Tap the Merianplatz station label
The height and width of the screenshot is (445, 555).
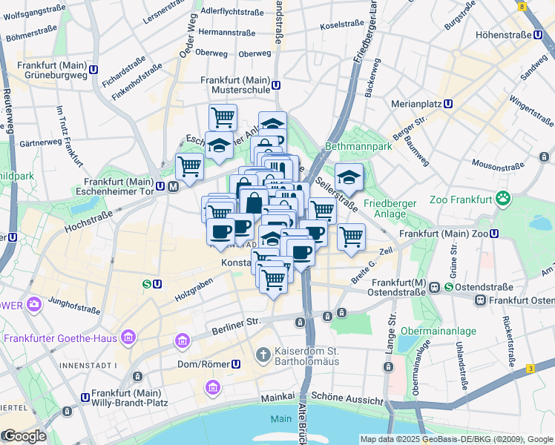416,104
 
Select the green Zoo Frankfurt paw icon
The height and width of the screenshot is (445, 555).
504,199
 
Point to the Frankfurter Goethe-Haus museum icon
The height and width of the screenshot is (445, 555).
129,338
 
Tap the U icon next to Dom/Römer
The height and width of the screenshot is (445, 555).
236,364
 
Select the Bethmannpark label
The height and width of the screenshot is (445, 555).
357,148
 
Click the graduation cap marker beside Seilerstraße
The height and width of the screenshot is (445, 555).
348,177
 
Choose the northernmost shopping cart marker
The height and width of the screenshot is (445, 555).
222,116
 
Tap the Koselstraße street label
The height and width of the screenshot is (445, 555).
341,24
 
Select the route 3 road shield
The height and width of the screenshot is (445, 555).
530,369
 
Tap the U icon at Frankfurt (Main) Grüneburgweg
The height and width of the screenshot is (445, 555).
93,70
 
